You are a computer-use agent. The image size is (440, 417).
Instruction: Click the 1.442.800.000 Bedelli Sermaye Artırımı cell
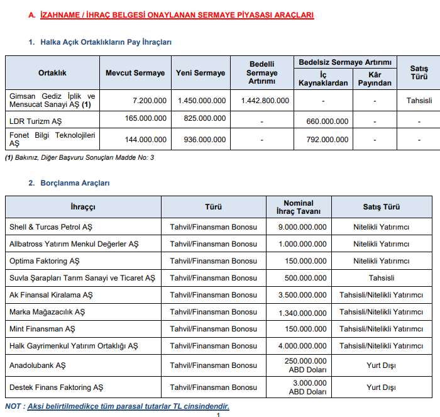(265, 100)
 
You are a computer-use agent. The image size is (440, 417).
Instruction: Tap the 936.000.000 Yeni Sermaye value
(201, 135)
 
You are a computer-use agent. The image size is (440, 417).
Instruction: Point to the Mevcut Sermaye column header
(135, 73)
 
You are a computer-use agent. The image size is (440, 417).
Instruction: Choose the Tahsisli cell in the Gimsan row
(419, 100)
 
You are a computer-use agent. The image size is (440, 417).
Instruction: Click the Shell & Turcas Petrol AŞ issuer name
(51, 226)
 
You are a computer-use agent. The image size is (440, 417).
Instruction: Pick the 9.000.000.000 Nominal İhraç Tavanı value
(299, 226)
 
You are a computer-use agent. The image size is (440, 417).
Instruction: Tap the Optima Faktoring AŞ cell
(45, 260)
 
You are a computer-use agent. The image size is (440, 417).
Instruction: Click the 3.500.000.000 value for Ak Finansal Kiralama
(299, 294)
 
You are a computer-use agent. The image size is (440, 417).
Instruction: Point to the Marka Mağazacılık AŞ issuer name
(47, 311)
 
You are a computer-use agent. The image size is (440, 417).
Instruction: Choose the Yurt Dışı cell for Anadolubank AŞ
(382, 365)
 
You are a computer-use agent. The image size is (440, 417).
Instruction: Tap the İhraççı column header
(83, 206)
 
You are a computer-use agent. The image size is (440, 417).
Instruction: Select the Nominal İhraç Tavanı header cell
(299, 206)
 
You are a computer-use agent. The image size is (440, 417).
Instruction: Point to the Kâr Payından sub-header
(375, 79)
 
